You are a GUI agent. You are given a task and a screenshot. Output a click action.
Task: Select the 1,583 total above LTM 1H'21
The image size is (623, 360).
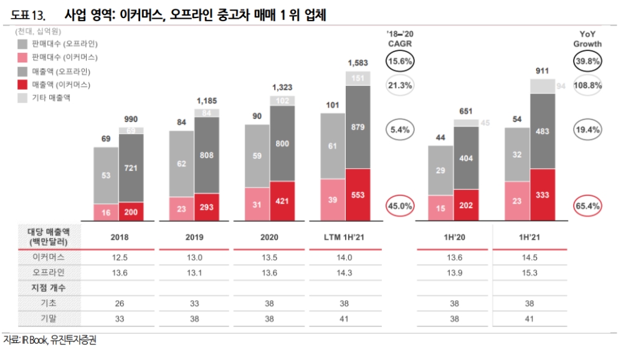pyautogui.click(x=358, y=63)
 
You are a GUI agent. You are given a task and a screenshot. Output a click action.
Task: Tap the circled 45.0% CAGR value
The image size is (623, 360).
pyautogui.click(x=399, y=206)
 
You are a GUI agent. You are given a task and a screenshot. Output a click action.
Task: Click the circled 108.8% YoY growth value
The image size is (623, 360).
pyautogui.click(x=587, y=85)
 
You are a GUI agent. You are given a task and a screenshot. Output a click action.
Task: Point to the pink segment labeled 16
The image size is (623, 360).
pyautogui.click(x=106, y=213)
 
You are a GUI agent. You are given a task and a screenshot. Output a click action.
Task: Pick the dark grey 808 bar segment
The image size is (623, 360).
pyautogui.click(x=206, y=154)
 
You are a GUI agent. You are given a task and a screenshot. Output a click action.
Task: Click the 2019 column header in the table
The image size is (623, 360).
pyautogui.click(x=194, y=237)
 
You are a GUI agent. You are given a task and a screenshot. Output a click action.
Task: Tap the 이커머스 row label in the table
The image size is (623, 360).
pyautogui.click(x=48, y=257)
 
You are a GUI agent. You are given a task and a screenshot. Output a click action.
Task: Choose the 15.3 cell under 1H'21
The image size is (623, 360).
pyautogui.click(x=529, y=272)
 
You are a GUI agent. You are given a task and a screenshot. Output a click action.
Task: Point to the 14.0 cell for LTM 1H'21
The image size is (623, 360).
pyautogui.click(x=345, y=257)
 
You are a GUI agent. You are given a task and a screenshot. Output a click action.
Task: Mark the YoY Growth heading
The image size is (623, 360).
pyautogui.click(x=587, y=40)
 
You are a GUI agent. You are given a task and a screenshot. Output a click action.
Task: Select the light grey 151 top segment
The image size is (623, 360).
pyautogui.click(x=358, y=78)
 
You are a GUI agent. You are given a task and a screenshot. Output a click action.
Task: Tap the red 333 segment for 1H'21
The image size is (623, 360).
pyautogui.click(x=541, y=196)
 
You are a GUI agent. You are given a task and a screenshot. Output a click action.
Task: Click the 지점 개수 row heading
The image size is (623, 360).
pyautogui.click(x=48, y=288)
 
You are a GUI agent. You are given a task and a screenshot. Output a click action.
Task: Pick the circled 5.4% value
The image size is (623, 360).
pyautogui.click(x=399, y=130)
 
